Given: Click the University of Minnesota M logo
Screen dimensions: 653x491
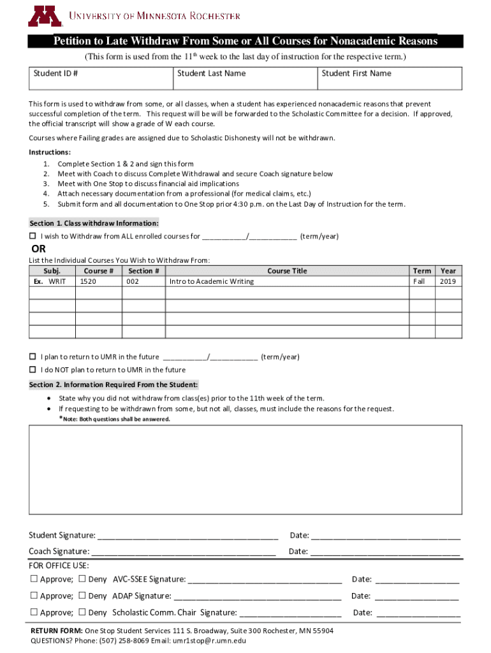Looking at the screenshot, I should pos(44,15).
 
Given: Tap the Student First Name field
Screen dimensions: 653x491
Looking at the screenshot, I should pos(390,78).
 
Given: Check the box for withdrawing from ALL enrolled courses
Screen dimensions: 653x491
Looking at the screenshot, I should pos(33,237).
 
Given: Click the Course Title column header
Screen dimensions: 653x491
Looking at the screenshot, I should pos(286,271).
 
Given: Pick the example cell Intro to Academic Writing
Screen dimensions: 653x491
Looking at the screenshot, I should pos(211,281).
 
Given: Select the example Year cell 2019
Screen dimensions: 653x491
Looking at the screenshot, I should pos(448,281).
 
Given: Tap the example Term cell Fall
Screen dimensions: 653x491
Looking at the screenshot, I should pos(419,281).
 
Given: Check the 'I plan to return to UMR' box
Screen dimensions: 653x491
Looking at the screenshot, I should pos(33,357).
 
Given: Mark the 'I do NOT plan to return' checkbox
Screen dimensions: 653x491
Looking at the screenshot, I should pos(33,370).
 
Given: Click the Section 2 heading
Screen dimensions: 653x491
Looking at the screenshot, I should pos(114,385).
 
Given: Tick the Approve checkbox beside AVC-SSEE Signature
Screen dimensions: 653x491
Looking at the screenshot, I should pos(34,579).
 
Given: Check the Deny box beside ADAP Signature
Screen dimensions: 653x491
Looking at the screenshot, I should pos(82,596).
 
